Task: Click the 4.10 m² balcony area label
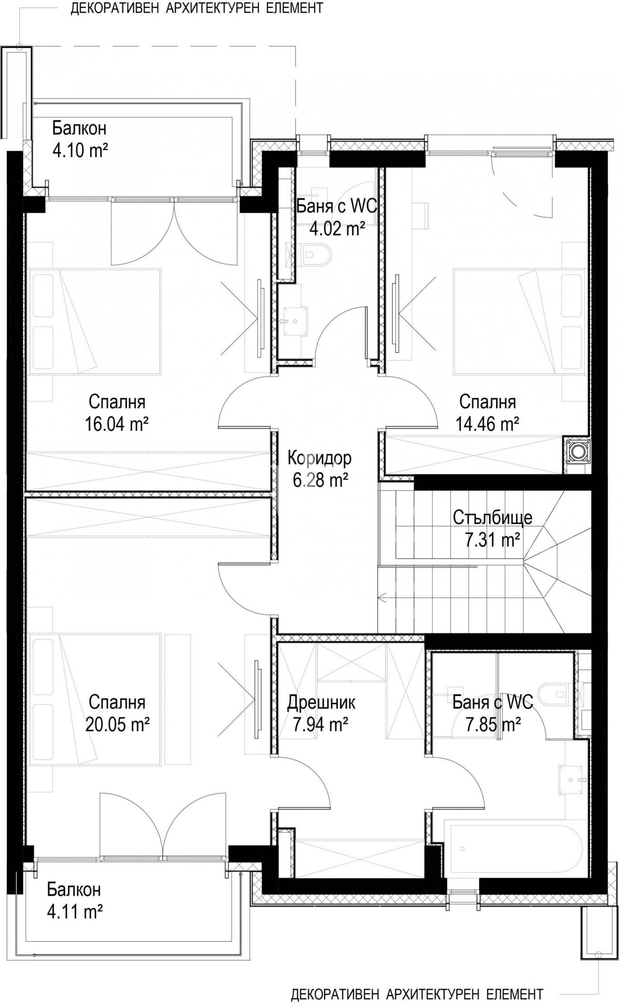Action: click(x=80, y=150)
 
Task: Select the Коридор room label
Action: click(x=319, y=458)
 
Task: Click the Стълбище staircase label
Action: click(x=493, y=518)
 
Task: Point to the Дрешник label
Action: click(x=321, y=703)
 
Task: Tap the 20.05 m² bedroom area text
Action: click(x=117, y=725)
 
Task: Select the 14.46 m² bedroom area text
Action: click(x=488, y=424)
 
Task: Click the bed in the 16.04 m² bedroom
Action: click(x=95, y=322)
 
